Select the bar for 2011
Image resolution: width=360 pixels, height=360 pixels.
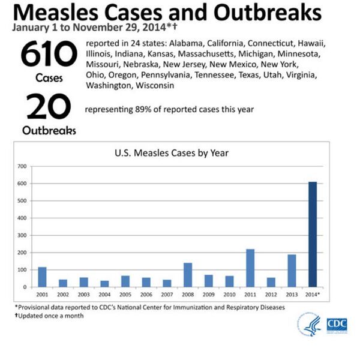click(250, 268)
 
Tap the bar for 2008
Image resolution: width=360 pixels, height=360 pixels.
click(188, 275)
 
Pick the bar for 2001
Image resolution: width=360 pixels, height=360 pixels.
click(42, 277)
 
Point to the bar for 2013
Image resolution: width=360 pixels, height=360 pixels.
click(292, 271)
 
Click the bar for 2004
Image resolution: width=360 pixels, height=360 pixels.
click(104, 284)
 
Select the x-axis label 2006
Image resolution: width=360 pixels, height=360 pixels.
click(146, 296)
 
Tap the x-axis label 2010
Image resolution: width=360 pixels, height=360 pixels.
click(229, 296)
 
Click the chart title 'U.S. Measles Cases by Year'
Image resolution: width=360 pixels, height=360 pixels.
click(171, 153)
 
